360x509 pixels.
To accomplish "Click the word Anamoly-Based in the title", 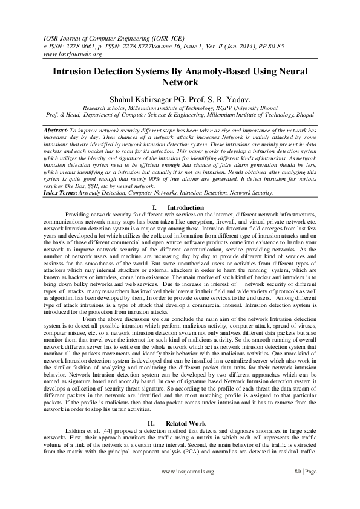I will (x=209, y=70).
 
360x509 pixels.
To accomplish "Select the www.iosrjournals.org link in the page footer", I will (x=188, y=487).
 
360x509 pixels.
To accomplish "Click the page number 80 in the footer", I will (x=298, y=487).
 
